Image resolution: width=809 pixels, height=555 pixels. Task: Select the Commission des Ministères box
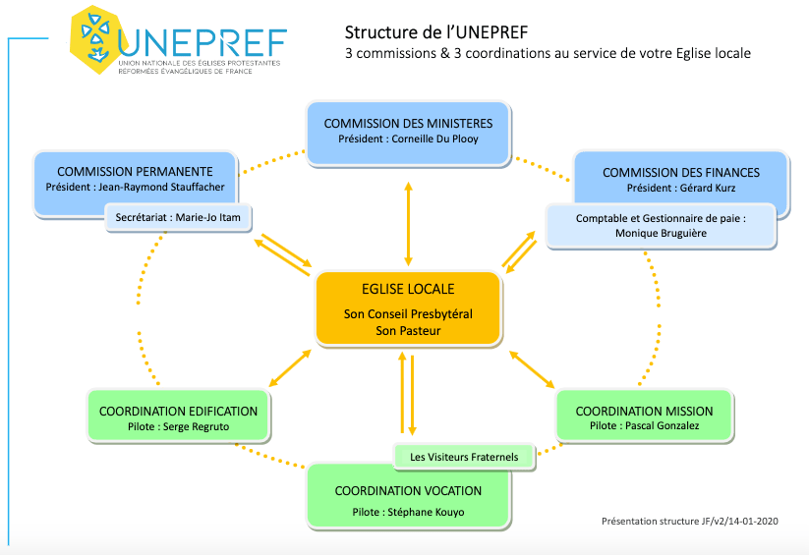(408, 131)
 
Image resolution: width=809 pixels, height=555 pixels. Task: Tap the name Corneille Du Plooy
(435, 139)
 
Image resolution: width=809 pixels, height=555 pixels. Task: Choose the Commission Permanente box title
(135, 172)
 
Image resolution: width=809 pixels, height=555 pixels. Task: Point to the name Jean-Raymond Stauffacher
(167, 188)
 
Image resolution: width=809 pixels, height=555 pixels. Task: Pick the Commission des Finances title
(680, 172)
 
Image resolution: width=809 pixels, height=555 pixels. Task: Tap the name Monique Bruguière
(662, 234)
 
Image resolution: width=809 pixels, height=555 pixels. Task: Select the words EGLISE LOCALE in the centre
(407, 289)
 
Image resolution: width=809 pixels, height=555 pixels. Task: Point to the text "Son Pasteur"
(407, 331)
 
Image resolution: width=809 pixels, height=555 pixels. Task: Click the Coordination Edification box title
(179, 411)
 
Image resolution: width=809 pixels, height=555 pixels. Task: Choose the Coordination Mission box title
(644, 411)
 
